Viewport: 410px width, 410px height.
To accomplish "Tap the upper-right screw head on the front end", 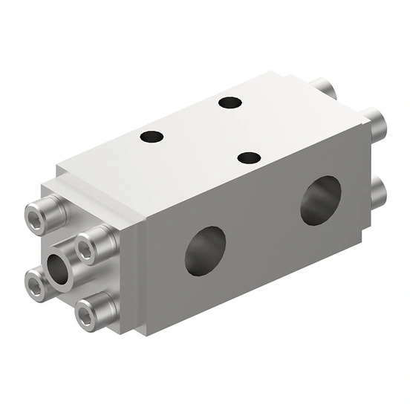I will pyautogui.click(x=94, y=246).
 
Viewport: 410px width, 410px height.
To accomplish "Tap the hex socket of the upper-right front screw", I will pyautogui.click(x=86, y=250).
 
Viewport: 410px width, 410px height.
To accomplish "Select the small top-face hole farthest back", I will pyautogui.click(x=230, y=102).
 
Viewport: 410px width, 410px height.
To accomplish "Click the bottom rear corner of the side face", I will pyautogui.click(x=364, y=242).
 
